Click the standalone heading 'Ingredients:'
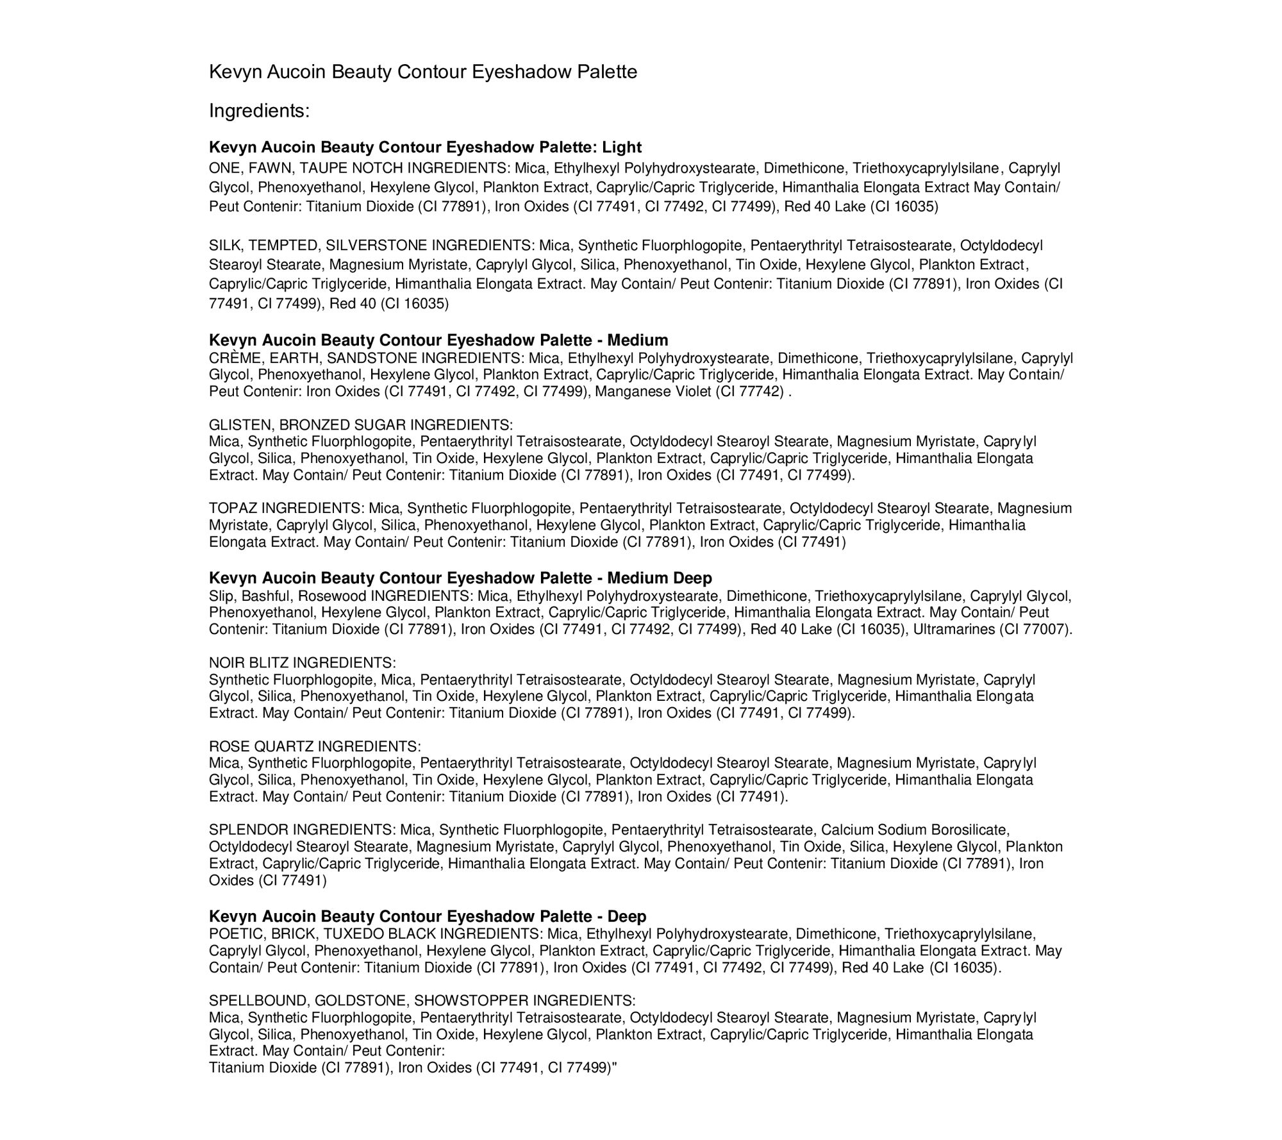click(259, 111)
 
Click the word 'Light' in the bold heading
click(622, 147)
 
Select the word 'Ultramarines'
click(954, 629)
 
